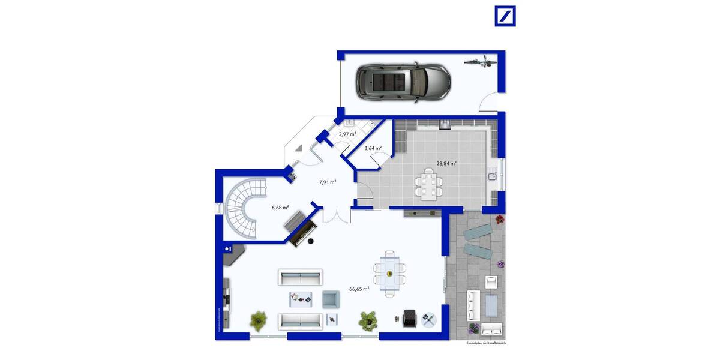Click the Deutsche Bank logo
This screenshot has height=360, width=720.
[x=505, y=16]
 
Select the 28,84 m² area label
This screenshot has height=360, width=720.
[x=446, y=163]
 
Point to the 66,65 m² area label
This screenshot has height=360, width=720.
[x=359, y=289]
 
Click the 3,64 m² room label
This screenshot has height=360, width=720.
[x=373, y=148]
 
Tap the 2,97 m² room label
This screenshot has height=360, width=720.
[x=347, y=134]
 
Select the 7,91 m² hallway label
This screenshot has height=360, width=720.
[x=327, y=182]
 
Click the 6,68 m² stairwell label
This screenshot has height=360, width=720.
[x=280, y=207]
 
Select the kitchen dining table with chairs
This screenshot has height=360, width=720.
[x=429, y=184]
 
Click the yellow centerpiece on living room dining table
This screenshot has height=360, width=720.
[x=390, y=274]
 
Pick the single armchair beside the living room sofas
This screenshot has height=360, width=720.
[x=331, y=298]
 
